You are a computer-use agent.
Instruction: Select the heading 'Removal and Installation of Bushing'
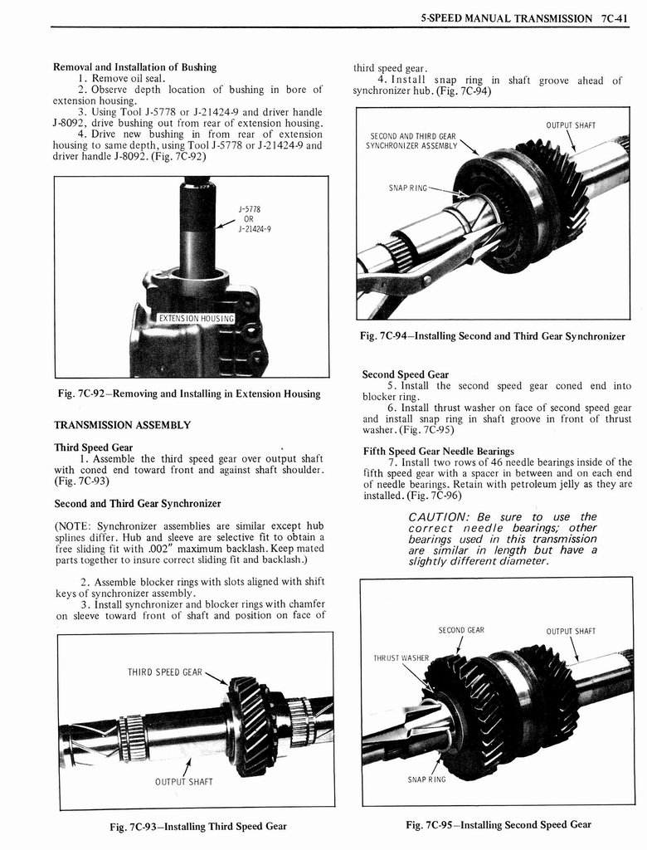coord(134,67)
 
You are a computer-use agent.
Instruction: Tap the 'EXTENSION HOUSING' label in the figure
coord(197,318)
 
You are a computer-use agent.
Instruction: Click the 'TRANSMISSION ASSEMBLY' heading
coord(122,425)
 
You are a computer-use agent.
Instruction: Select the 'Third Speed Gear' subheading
coord(93,447)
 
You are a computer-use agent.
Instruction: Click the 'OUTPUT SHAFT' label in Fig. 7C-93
coord(184,781)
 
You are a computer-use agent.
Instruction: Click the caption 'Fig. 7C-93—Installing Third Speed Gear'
coord(198,827)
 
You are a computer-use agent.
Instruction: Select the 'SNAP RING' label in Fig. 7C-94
coord(407,188)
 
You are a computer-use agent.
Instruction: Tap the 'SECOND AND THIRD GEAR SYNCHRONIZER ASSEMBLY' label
coord(412,141)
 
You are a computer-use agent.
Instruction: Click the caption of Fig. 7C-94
coord(493,336)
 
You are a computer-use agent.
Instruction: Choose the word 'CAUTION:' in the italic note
coord(443,517)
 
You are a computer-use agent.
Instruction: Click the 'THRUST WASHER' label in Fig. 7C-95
coord(401,658)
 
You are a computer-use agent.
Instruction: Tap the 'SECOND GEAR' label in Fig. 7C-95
coord(461,630)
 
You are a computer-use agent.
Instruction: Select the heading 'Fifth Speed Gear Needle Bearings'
coord(439,452)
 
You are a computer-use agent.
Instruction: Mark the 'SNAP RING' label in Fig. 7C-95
coord(426,779)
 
